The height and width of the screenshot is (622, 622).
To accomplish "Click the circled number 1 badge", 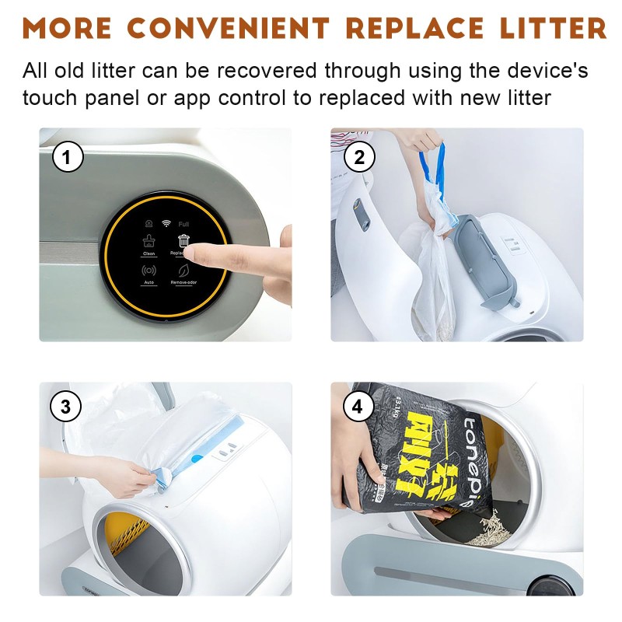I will pos(68,158).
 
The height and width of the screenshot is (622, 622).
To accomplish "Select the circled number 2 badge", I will pos(359,158).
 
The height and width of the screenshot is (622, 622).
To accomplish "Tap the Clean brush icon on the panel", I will pos(149,240).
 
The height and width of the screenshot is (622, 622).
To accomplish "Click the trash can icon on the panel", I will pos(183,240).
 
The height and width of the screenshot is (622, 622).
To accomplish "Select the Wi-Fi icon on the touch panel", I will pos(166,223).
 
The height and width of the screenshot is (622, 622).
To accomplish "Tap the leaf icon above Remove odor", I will pos(183,271).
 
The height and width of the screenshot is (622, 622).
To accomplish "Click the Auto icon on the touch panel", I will pos(149,271).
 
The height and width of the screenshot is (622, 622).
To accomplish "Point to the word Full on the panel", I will pos(183,223).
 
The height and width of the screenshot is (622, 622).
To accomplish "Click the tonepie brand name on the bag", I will pos(473,459).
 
